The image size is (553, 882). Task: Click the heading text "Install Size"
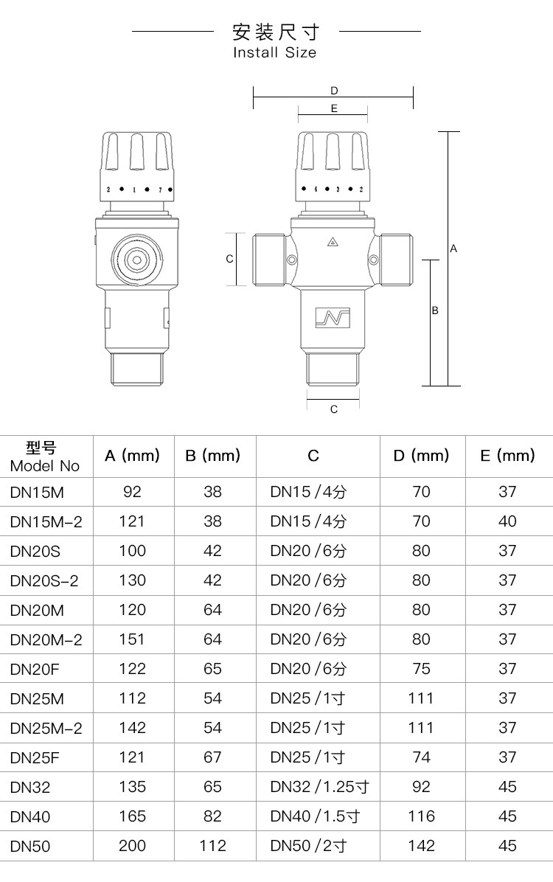point(274,52)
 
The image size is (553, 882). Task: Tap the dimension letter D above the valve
point(334,91)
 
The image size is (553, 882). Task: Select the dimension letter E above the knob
point(334,108)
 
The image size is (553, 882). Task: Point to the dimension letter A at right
point(454,249)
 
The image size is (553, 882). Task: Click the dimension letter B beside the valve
point(435,310)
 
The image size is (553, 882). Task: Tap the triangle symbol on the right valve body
point(333,243)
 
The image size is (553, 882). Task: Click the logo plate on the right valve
point(333,318)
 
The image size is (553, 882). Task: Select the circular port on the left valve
point(136,260)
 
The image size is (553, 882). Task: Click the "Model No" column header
point(45,466)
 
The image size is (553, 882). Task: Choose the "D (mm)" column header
point(421,456)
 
